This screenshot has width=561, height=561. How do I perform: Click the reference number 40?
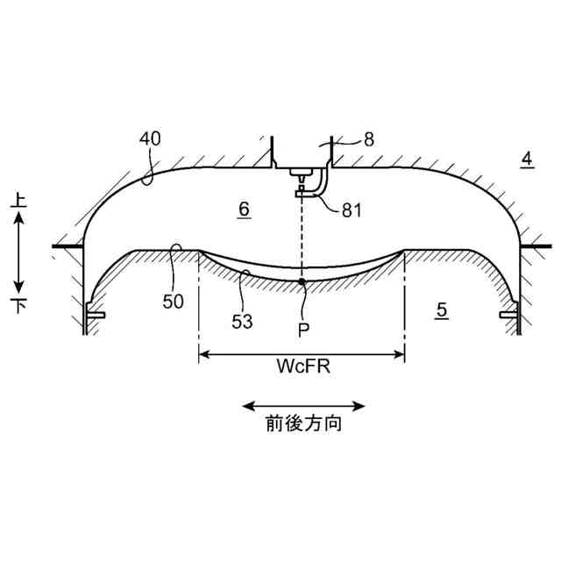pos(152,138)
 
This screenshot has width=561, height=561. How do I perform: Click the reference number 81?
pos(352,209)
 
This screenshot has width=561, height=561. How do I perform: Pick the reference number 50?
pos(174,302)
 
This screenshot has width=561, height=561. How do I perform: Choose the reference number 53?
pos(242,321)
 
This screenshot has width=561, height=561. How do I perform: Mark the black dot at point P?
pos(302,281)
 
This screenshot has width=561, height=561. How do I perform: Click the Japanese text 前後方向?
pos(303,425)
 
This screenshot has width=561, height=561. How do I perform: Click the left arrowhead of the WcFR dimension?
pos(204,355)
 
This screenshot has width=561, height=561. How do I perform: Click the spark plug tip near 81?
pos(301,190)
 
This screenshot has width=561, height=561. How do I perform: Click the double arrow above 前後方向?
pos(303,406)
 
